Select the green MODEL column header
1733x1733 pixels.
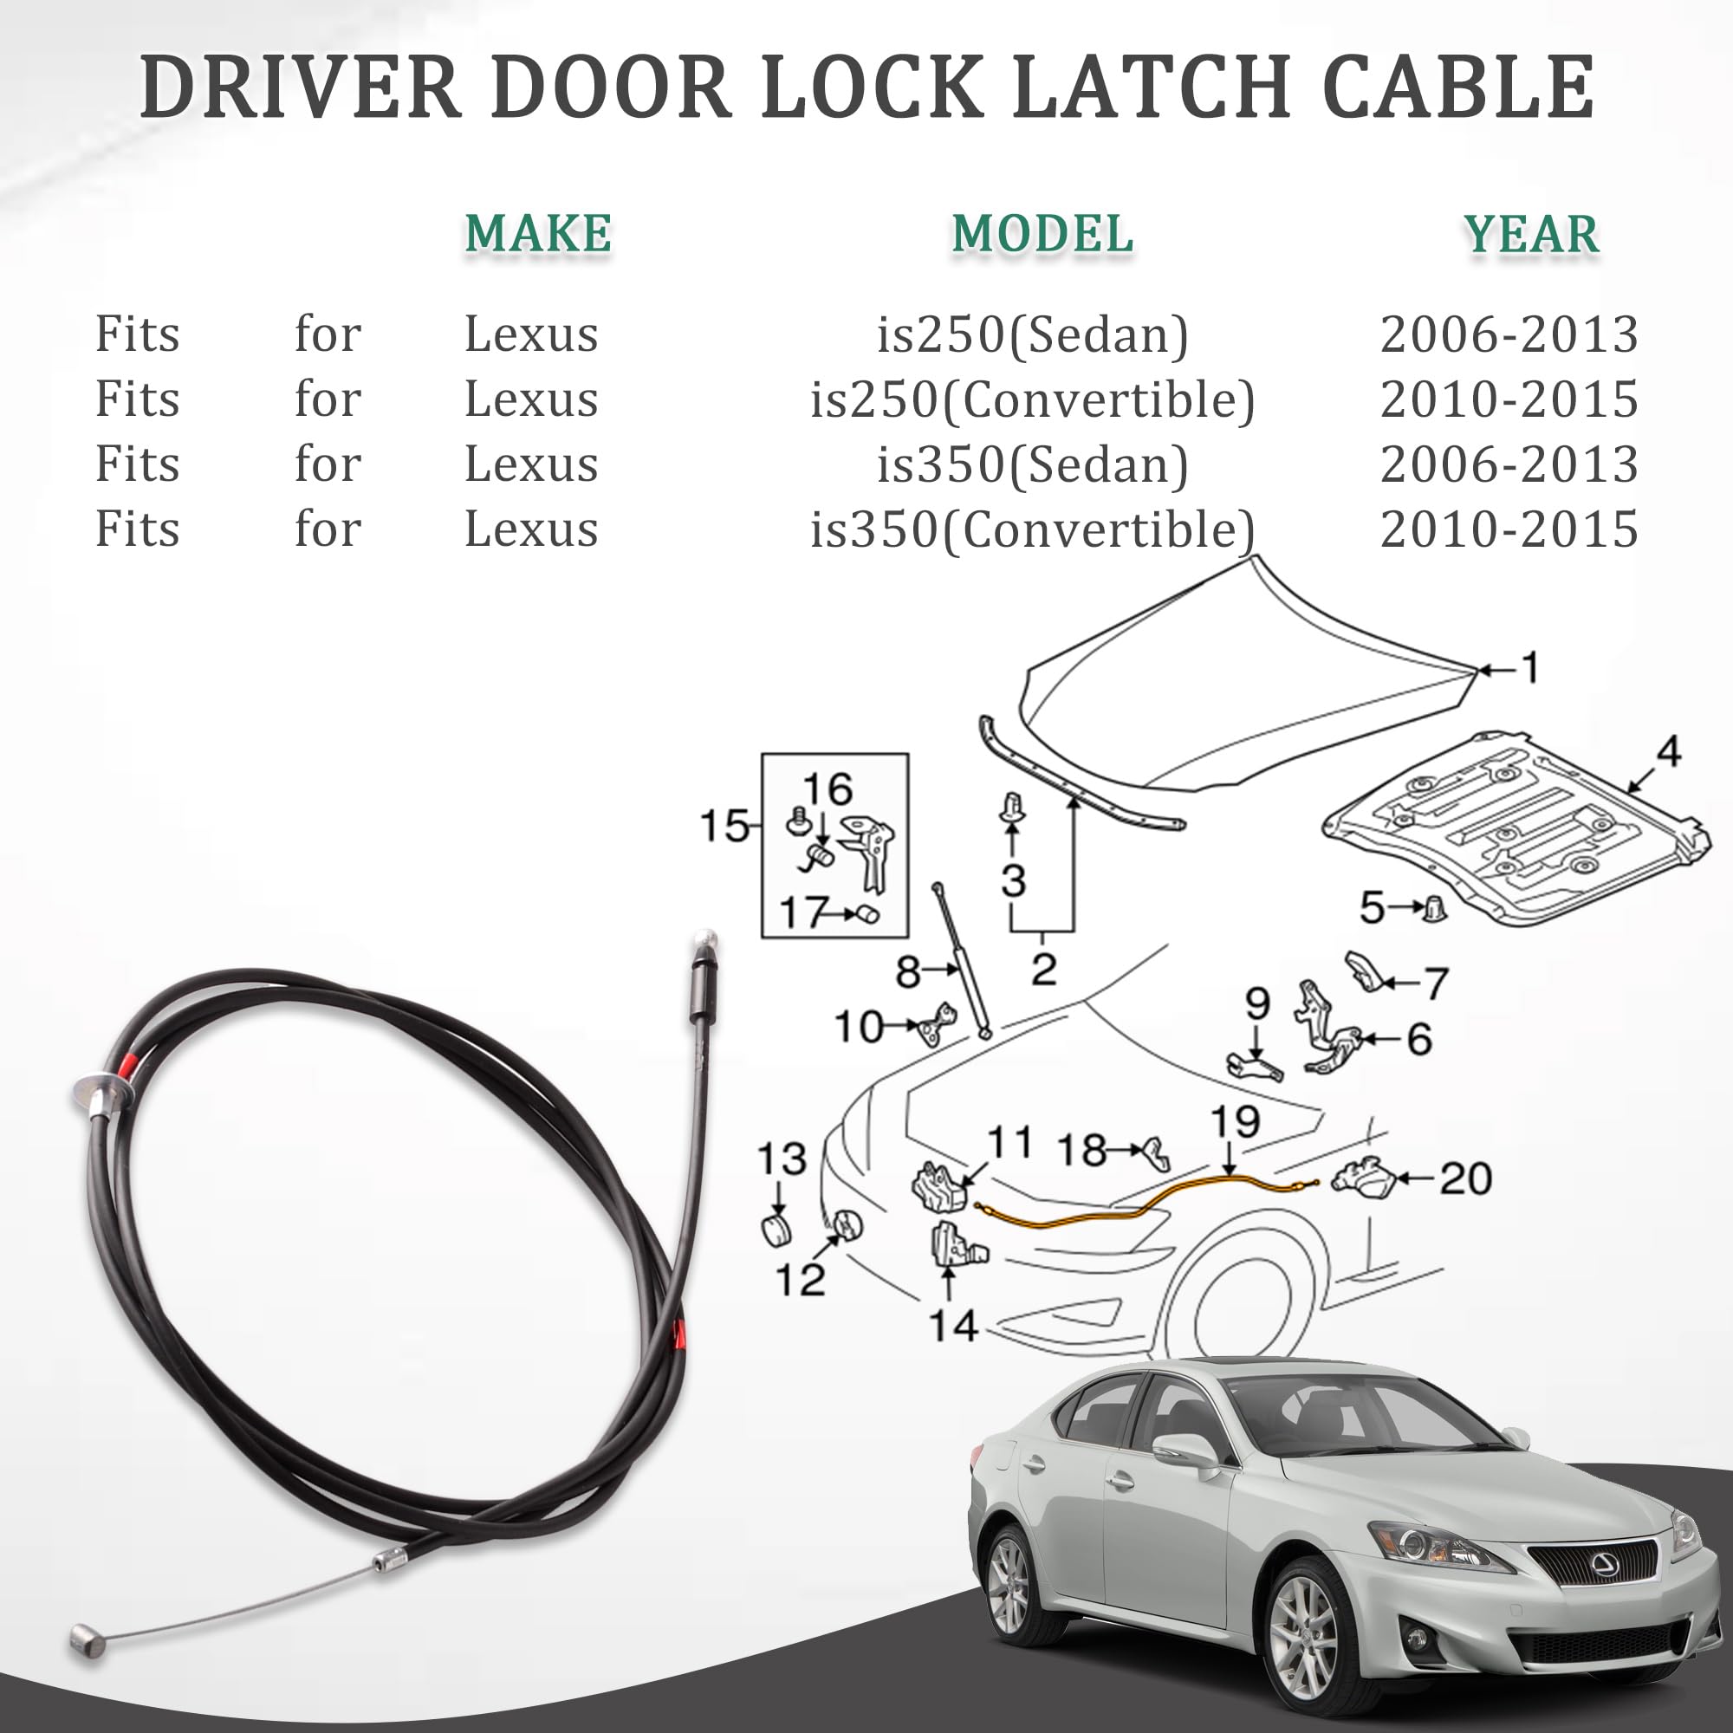(x=1042, y=234)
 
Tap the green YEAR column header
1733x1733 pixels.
(x=1531, y=234)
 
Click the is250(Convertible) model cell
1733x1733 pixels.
(x=1033, y=400)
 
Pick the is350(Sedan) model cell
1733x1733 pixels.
(x=1033, y=464)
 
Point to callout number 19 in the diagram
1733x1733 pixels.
(x=1235, y=1121)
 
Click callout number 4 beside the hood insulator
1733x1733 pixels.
(x=1667, y=750)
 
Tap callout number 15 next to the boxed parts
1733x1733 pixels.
(x=723, y=825)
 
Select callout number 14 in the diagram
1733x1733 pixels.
(x=952, y=1326)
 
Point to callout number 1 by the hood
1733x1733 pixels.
(x=1529, y=667)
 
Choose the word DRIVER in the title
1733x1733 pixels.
(x=301, y=87)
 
